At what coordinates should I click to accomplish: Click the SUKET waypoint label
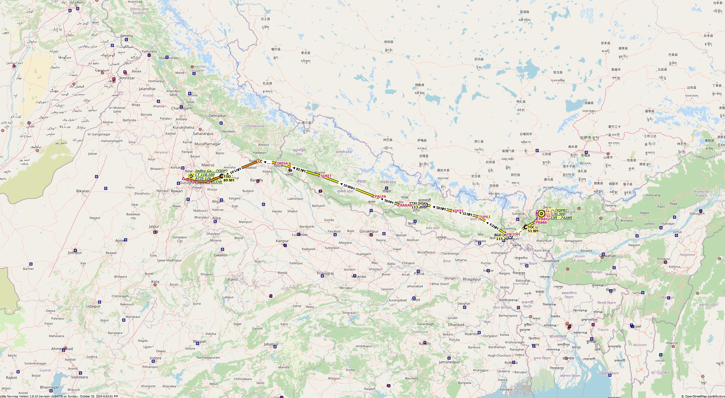click(326, 176)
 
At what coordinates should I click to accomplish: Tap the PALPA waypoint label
click(380, 196)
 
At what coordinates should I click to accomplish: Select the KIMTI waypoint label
click(458, 211)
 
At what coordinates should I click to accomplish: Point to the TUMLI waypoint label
click(485, 217)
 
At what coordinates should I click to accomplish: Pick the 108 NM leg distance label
click(349, 187)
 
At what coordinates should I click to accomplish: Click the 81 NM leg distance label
click(300, 170)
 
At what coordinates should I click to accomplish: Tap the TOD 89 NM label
click(229, 178)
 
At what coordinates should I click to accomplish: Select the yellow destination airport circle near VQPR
click(541, 214)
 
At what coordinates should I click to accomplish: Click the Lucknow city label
click(300, 234)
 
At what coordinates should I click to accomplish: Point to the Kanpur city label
click(282, 241)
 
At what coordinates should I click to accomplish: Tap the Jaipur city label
click(154, 226)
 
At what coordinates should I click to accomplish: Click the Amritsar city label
click(127, 78)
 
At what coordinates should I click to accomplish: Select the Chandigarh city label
click(181, 108)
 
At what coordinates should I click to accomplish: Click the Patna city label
click(419, 273)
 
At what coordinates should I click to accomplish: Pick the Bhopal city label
click(199, 341)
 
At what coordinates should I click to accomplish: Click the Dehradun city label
click(217, 115)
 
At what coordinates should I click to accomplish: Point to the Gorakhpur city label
click(369, 232)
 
